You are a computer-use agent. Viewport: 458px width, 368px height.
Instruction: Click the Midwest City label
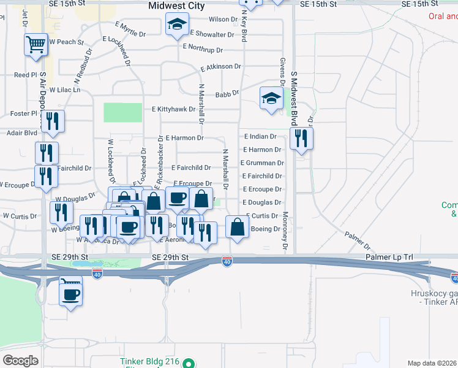coord(178,6)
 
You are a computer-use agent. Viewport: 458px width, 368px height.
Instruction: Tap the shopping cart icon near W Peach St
coord(36,44)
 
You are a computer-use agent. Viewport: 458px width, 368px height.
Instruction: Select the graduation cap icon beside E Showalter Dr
coord(177,25)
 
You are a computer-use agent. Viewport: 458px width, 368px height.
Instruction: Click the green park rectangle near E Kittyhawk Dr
coord(122,112)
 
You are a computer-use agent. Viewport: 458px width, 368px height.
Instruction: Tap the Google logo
coord(20,361)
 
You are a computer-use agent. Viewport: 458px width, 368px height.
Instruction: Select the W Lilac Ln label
coord(65,90)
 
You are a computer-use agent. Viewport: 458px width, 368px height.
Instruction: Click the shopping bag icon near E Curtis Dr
coord(237,227)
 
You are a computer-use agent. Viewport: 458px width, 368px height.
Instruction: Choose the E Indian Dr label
coord(260,136)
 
